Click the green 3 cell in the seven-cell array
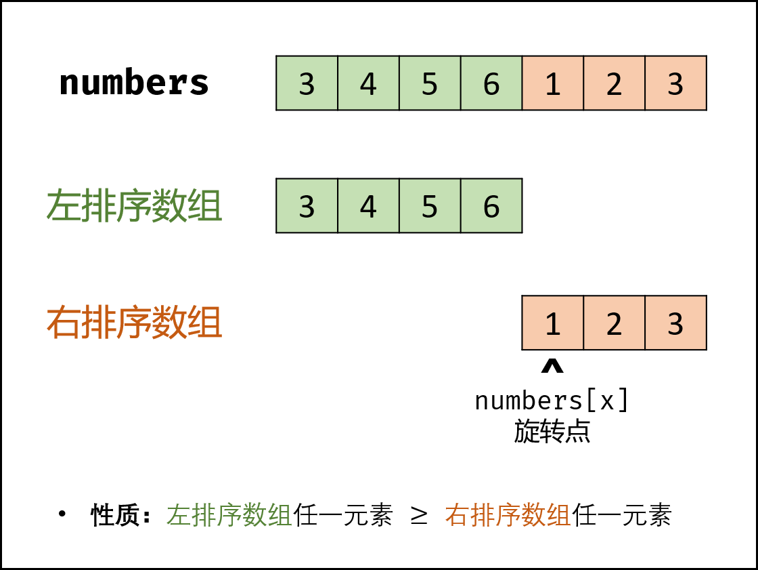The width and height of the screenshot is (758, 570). [307, 83]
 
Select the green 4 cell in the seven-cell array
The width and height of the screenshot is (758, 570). [368, 83]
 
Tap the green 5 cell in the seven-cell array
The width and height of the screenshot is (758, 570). [430, 83]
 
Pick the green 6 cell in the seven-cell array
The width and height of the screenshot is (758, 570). [491, 83]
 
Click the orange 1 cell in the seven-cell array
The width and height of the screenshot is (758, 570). [553, 83]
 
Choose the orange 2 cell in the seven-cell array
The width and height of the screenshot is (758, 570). [614, 83]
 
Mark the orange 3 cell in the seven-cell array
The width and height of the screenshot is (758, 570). [675, 83]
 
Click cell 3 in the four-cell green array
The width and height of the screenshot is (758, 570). [307, 206]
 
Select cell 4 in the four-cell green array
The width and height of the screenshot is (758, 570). [368, 206]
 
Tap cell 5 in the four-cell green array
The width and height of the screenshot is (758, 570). [430, 206]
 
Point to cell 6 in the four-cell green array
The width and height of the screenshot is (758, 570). [491, 206]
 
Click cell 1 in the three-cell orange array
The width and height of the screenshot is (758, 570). [553, 323]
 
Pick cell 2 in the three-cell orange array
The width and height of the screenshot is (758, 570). [614, 323]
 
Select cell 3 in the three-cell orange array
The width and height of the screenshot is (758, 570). [675, 323]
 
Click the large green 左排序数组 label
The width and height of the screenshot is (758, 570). [134, 206]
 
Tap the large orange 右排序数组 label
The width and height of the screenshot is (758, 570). [134, 323]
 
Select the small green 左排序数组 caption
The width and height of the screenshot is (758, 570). [229, 516]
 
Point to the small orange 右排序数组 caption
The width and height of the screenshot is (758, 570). [508, 516]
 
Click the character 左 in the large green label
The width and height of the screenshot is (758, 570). [63, 206]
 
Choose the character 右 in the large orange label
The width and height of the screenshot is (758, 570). [63, 323]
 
